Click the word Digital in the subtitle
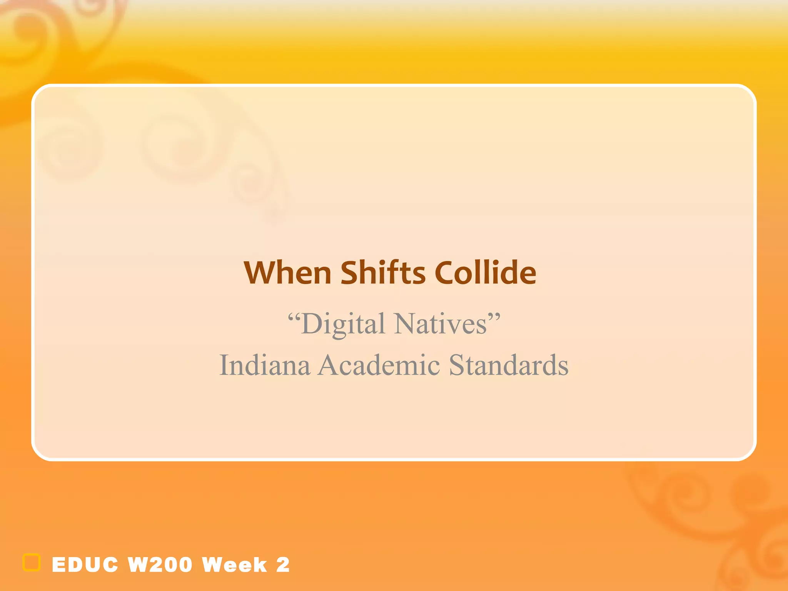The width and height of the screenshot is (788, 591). click(x=343, y=324)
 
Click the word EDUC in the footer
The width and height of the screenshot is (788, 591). click(x=85, y=565)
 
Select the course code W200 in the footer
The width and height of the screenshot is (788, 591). click(x=160, y=565)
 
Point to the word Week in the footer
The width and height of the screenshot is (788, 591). click(x=234, y=565)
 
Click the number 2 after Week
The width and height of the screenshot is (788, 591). click(x=283, y=565)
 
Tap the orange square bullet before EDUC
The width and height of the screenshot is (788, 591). click(x=32, y=563)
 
